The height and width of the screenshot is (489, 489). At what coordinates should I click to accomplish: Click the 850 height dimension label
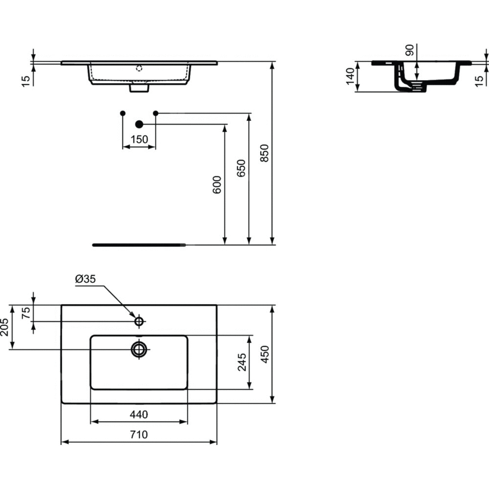(264, 153)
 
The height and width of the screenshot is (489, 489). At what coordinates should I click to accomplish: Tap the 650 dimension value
(241, 168)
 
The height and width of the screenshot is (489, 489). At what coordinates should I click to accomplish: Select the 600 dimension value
(217, 185)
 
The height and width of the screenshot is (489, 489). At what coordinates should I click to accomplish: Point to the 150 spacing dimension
(139, 139)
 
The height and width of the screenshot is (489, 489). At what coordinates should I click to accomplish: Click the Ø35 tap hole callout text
(86, 279)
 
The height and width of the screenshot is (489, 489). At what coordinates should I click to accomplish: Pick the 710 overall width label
(139, 434)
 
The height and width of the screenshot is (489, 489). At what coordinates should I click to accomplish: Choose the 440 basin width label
(139, 415)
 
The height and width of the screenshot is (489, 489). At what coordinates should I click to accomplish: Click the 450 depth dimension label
(265, 354)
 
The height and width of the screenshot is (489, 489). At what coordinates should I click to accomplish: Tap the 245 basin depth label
(242, 362)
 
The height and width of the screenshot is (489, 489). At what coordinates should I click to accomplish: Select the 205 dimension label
(5, 327)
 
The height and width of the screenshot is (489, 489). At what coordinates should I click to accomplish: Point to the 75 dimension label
(26, 313)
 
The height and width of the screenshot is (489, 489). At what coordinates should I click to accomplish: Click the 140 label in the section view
(351, 76)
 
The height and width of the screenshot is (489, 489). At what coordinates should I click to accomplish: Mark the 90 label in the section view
(410, 50)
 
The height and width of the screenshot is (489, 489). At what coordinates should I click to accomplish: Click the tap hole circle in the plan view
(139, 321)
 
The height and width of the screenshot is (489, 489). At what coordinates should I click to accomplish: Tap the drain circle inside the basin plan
(139, 349)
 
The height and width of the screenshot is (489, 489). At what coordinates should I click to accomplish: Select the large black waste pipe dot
(139, 124)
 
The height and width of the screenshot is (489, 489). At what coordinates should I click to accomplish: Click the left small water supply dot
(123, 113)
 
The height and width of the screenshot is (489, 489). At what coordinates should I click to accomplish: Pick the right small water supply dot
(156, 113)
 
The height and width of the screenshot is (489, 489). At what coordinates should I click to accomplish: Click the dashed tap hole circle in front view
(139, 68)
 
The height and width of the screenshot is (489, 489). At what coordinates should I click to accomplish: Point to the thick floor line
(139, 245)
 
